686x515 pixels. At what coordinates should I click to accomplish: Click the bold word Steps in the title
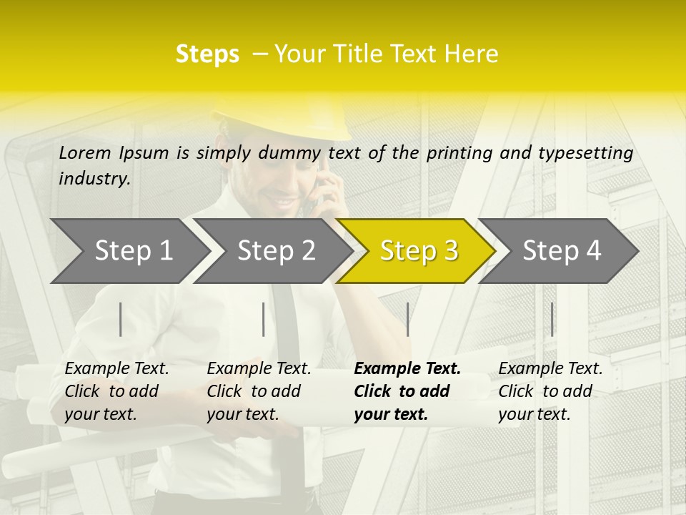[207, 54]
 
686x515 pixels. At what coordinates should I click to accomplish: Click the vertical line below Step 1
[121, 319]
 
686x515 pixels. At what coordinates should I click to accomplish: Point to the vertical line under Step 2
[264, 319]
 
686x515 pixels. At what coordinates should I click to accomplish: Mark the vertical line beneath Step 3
[407, 319]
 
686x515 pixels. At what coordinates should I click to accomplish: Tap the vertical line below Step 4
[552, 319]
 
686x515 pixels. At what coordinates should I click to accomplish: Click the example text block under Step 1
[116, 391]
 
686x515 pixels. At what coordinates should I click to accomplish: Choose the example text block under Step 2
[259, 391]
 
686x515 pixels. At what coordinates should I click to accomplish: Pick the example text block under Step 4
[550, 391]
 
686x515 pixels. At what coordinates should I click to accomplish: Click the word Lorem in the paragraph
[85, 152]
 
